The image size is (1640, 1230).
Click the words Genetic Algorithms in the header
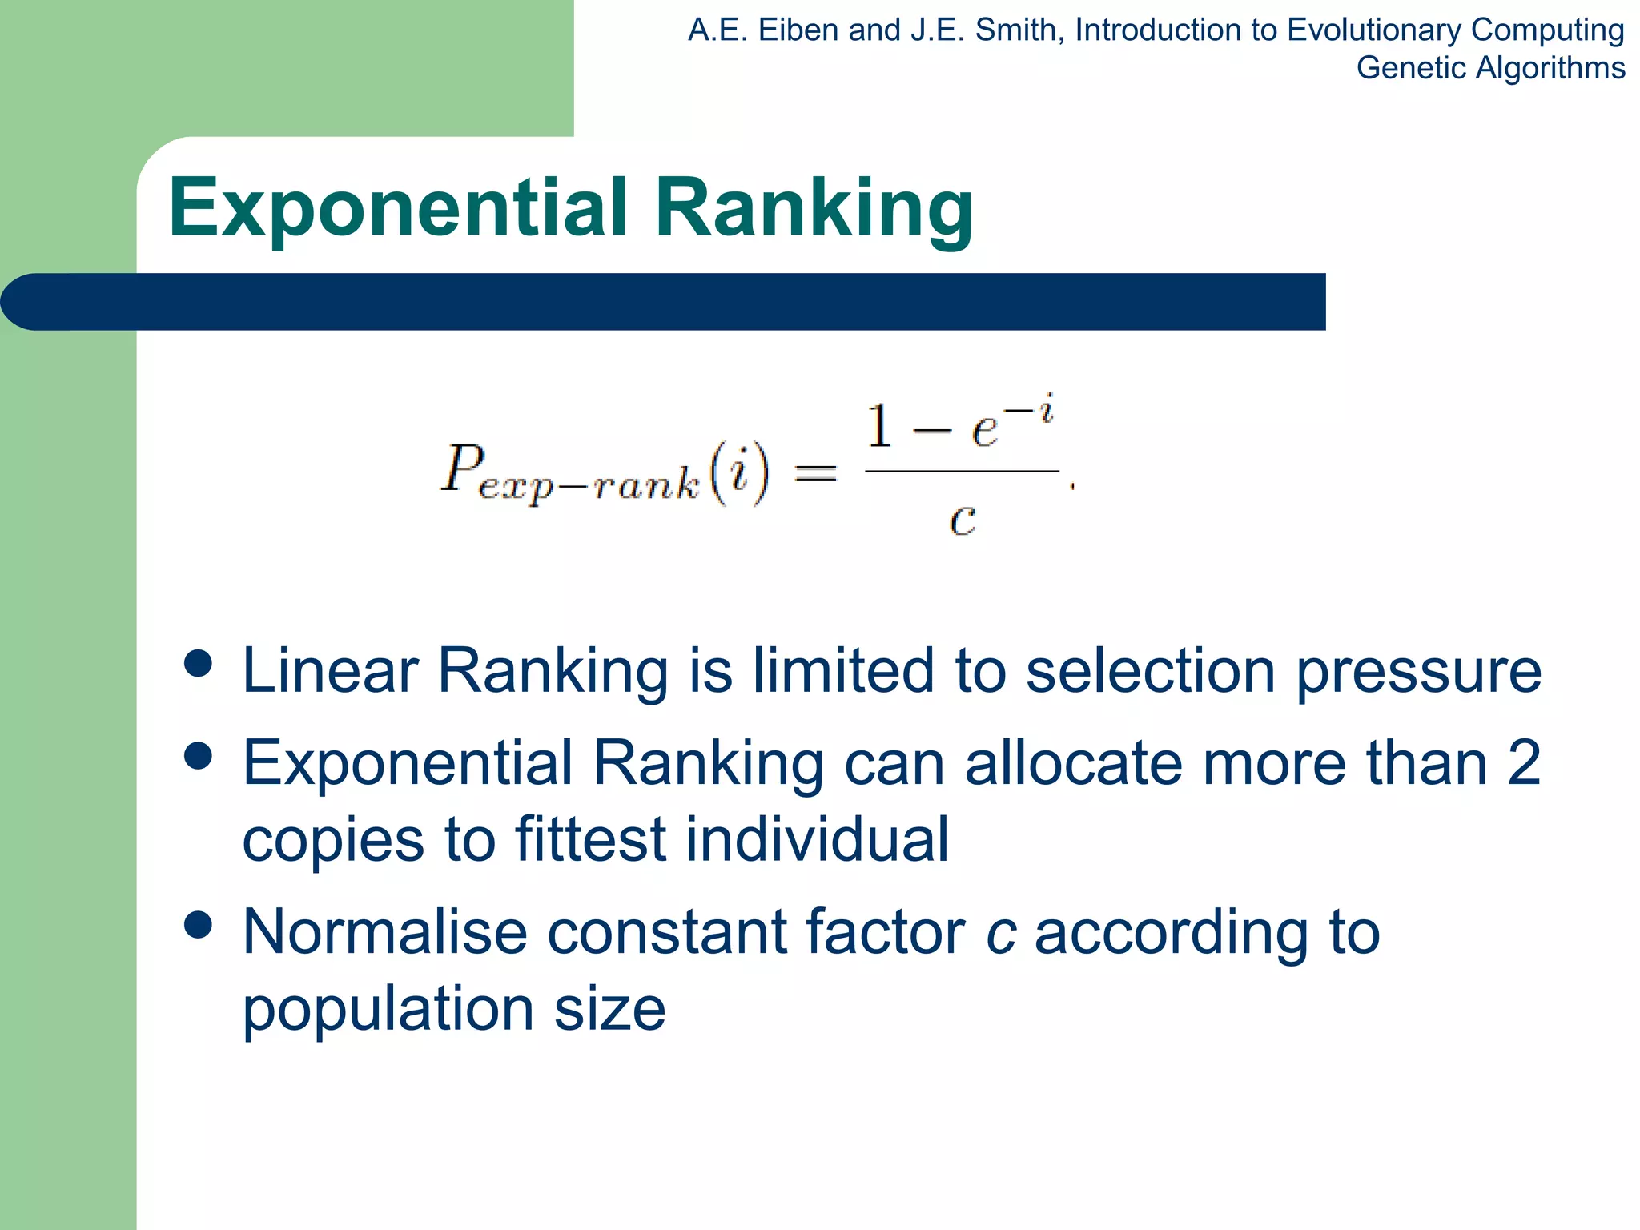pyautogui.click(x=1489, y=68)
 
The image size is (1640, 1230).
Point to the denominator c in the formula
pyautogui.click(x=962, y=521)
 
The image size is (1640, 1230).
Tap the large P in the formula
pyautogui.click(x=463, y=468)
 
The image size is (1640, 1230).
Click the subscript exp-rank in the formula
pyautogui.click(x=589, y=485)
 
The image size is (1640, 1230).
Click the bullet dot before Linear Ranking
pyautogui.click(x=198, y=663)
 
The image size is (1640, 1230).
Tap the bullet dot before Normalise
pyautogui.click(x=198, y=925)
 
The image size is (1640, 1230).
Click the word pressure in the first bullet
pyautogui.click(x=1418, y=673)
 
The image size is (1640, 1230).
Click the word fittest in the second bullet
pyautogui.click(x=590, y=839)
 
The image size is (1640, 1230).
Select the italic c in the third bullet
pyautogui.click(x=1001, y=933)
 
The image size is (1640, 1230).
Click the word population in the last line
pyautogui.click(x=388, y=1011)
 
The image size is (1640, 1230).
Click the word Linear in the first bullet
pyautogui.click(x=330, y=671)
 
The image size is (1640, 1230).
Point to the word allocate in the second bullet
pyautogui.click(x=1073, y=763)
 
